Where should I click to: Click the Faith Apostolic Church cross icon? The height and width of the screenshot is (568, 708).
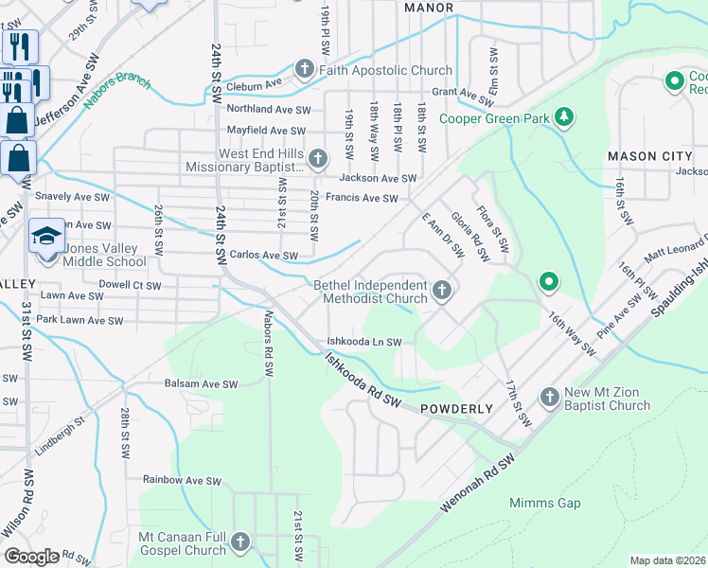(x=305, y=69)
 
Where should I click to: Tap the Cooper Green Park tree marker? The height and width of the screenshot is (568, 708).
(x=564, y=116)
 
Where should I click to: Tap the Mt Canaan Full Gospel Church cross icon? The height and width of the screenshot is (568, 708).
(x=240, y=542)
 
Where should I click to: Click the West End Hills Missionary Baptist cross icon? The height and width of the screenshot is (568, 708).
(x=317, y=158)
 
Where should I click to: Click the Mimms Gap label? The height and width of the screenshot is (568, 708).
(x=544, y=503)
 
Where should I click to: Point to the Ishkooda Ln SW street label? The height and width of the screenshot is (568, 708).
(x=364, y=342)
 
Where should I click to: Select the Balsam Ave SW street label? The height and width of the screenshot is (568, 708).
(x=203, y=383)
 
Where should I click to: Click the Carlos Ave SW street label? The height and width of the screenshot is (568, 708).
(x=264, y=256)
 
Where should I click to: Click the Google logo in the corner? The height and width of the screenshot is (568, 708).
(x=32, y=556)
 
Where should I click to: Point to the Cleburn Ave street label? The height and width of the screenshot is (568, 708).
(x=255, y=85)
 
